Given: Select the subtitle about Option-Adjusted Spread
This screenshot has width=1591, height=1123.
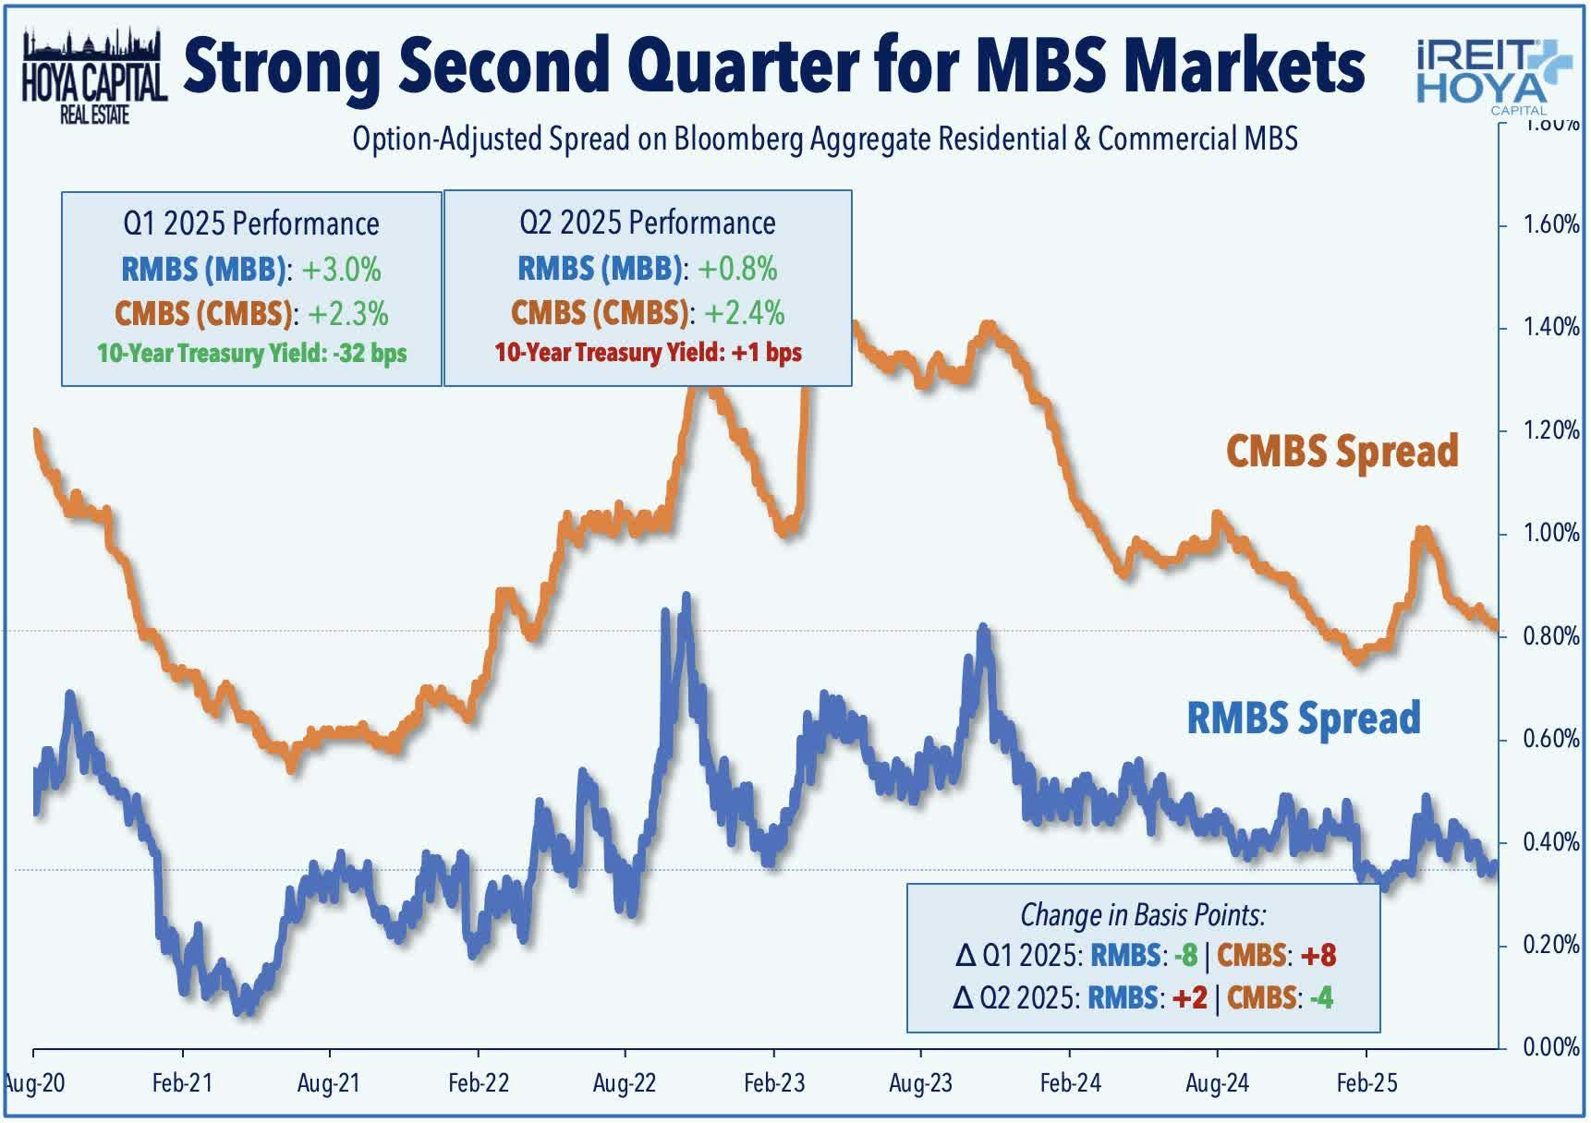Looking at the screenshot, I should (x=824, y=139).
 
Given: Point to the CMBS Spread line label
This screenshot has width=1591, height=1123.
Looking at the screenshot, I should (x=1342, y=452).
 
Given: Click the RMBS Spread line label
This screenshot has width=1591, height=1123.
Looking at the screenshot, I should (x=1303, y=718).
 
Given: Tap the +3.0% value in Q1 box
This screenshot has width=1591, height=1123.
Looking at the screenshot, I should (x=341, y=270).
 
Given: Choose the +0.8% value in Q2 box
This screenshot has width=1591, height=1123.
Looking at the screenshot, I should (x=737, y=269).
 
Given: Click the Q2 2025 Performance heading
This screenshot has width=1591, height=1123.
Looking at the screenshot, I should (x=647, y=223).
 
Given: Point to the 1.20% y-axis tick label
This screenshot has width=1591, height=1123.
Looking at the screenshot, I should (x=1550, y=430).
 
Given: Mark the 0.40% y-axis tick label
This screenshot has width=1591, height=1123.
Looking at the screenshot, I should (x=1550, y=842).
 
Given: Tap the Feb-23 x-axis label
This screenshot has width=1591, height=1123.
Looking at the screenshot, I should (x=773, y=1083).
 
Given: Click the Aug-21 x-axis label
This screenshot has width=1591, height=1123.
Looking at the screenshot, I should (x=328, y=1083).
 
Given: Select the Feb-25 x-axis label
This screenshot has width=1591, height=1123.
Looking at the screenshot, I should (x=1366, y=1083).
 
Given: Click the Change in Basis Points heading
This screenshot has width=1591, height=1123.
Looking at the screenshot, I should (x=1143, y=914).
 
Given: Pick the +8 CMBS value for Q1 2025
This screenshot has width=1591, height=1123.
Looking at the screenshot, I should (x=1318, y=955).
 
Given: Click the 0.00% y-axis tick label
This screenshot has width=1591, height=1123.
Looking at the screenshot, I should (x=1550, y=1047).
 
